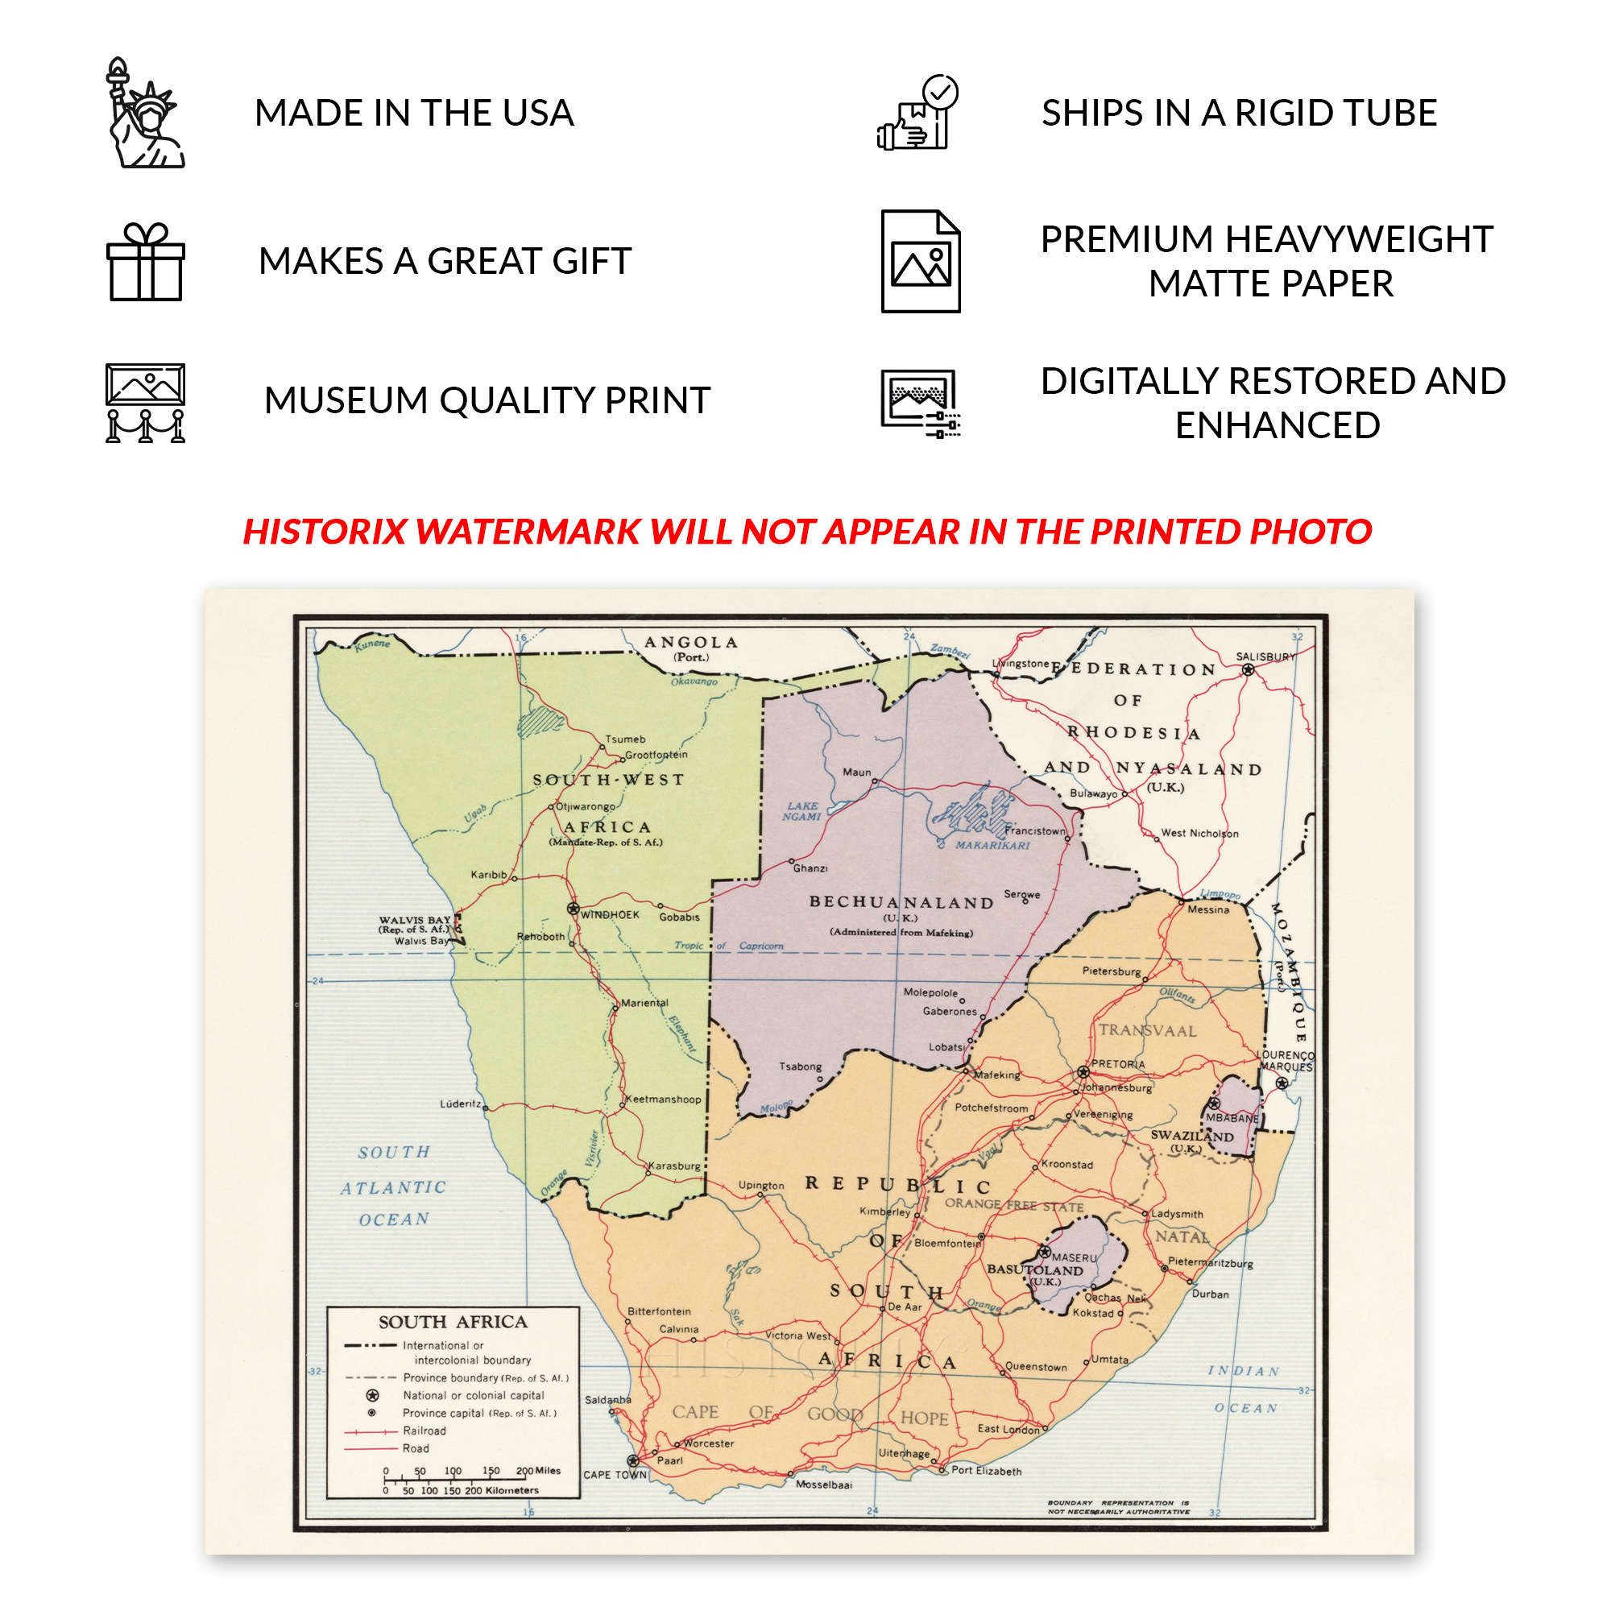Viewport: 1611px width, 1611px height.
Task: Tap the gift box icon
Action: click(145, 262)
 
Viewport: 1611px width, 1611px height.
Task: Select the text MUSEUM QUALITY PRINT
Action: click(487, 400)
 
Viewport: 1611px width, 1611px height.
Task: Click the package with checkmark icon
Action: click(918, 114)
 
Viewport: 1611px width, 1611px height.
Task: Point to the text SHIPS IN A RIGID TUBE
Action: click(1239, 114)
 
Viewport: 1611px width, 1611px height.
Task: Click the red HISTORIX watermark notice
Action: click(807, 532)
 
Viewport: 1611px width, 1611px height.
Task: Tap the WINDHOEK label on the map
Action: click(611, 916)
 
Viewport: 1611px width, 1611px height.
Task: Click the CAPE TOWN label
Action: click(615, 1475)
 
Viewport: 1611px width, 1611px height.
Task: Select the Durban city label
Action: click(1210, 1294)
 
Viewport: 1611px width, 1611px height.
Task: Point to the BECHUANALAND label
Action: click(901, 903)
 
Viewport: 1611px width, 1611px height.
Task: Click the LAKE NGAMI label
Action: click(802, 811)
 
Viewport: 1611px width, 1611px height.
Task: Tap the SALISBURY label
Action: click(1265, 657)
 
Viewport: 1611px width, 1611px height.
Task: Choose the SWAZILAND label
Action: click(1191, 1136)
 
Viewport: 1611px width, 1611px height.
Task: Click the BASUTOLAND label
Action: click(1035, 1270)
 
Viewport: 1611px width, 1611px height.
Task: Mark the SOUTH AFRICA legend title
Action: click(453, 1323)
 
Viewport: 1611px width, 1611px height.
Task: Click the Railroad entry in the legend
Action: click(424, 1431)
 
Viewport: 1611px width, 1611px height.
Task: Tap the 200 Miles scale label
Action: click(539, 1471)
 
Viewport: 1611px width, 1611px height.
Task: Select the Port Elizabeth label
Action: click(987, 1471)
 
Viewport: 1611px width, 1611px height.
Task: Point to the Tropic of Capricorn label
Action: click(729, 946)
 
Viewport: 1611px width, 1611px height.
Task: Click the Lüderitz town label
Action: click(460, 1104)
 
